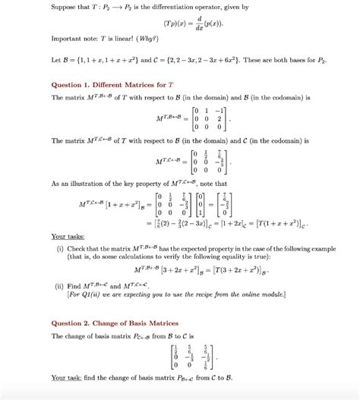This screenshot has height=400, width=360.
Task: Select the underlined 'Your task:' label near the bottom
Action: [x=67, y=377]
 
